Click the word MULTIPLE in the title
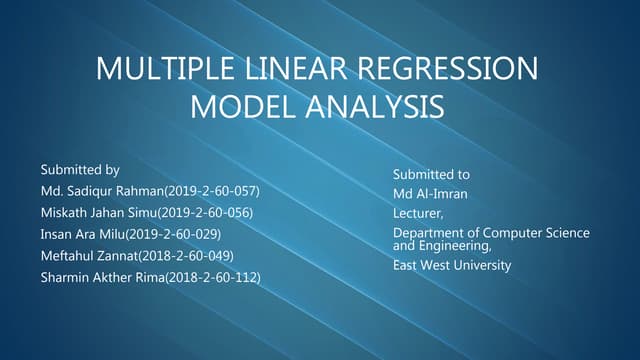point(159,70)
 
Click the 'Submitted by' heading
point(80,169)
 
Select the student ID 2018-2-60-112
point(214,278)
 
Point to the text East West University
point(452,266)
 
